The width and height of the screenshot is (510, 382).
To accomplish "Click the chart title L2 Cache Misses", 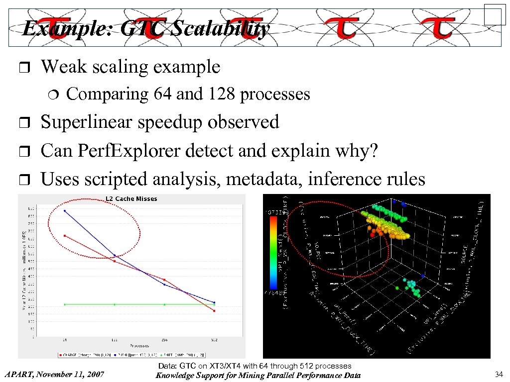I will (131, 198).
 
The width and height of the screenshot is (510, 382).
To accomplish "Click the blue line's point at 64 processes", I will (65, 211).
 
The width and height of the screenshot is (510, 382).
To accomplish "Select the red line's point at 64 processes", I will (65, 236).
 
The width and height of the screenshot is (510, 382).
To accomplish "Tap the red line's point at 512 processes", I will (214, 311).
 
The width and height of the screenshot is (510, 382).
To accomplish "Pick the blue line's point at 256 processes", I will (164, 285).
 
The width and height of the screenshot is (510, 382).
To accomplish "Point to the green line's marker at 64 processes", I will (65, 304).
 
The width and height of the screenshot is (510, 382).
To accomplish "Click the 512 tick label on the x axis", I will (214, 340).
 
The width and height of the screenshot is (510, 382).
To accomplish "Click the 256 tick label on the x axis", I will (164, 340).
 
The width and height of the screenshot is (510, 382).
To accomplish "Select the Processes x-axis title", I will (139, 345).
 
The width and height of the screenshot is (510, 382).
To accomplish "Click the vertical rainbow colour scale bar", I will (273, 253).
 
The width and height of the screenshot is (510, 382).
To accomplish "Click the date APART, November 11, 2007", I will (54, 374).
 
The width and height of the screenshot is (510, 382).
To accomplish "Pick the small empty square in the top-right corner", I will (495, 14).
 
